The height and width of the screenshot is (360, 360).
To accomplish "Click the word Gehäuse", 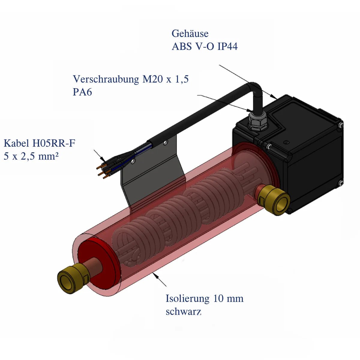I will coord(190,33).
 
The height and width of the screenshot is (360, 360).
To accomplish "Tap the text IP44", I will coord(227,46).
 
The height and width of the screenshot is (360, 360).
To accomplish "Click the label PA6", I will coord(82,92).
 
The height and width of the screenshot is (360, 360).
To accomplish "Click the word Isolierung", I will coord(187,298).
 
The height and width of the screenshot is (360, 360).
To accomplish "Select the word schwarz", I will coord(183,312).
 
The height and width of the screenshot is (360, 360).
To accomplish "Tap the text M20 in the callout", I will coord(152,79).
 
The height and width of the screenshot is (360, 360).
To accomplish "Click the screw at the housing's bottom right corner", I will coord(340,182).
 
